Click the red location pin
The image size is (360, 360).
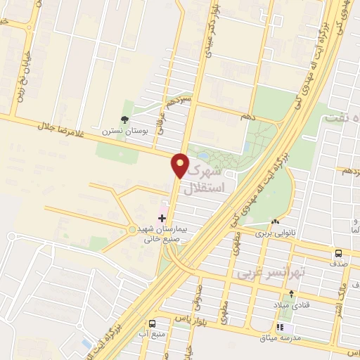181,166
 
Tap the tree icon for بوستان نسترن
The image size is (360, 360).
124,120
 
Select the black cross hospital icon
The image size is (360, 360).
162,219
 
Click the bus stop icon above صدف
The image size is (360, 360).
339,253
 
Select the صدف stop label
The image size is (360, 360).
339,264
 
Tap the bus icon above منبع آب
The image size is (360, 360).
151,324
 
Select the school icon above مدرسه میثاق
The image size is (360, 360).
281,327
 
